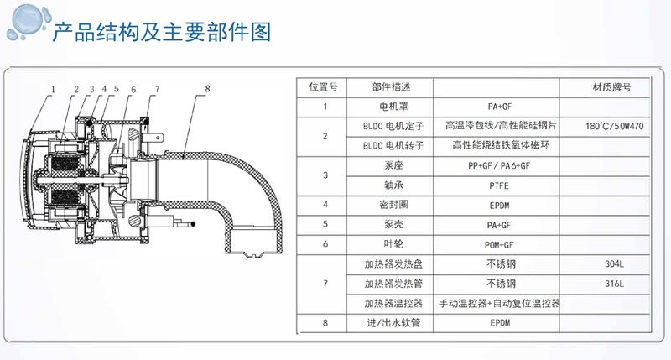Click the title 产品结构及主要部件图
[x=162, y=32]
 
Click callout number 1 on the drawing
[x=53, y=90]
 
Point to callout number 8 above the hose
[x=207, y=89]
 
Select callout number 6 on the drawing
[x=133, y=90]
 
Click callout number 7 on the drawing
[x=158, y=89]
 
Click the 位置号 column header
[x=324, y=87]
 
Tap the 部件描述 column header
[x=391, y=87]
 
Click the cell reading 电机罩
[x=393, y=107]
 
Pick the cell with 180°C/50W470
[x=614, y=126]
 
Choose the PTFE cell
[x=499, y=185]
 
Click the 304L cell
[x=614, y=264]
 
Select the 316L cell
[x=614, y=284]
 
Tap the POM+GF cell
[x=499, y=245]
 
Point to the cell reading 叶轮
[x=393, y=244]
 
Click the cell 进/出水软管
[x=393, y=323]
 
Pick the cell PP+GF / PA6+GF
[x=499, y=165]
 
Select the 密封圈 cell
[x=393, y=205]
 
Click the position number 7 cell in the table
[x=325, y=284]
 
